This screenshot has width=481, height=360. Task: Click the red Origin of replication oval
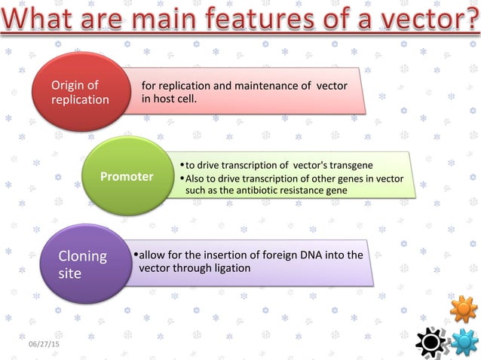click(x=79, y=92)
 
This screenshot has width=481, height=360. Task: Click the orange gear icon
click(x=463, y=309)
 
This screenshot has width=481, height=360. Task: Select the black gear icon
click(x=431, y=343)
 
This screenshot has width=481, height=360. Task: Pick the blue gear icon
click(x=464, y=343)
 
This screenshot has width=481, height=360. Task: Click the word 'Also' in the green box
click(x=196, y=178)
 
